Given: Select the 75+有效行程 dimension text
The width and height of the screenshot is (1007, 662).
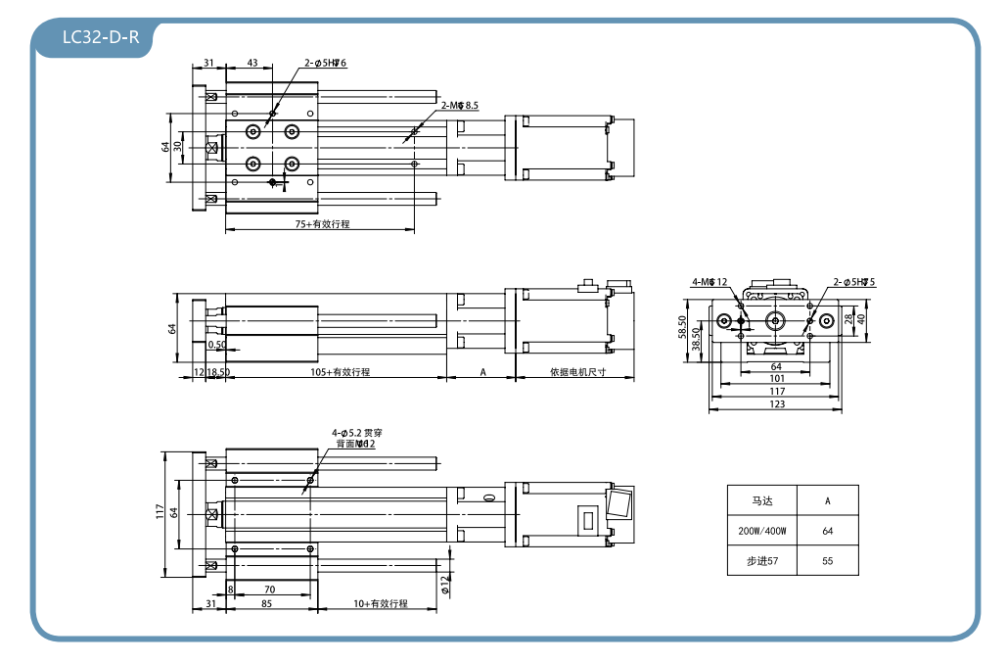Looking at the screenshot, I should click(x=322, y=224).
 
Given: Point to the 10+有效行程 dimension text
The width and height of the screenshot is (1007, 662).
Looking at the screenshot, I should click(x=380, y=604).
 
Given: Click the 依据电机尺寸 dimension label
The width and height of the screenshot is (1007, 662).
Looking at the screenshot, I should click(x=577, y=372).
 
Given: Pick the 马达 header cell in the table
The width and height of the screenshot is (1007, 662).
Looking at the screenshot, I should click(x=762, y=500).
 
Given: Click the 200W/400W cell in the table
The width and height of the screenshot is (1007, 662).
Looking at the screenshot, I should click(x=762, y=531).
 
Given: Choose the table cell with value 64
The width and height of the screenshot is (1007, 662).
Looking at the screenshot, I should click(x=828, y=531).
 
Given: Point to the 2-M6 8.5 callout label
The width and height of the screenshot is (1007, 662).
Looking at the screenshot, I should click(x=459, y=105).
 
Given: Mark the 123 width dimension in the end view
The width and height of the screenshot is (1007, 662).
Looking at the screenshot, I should click(x=776, y=403).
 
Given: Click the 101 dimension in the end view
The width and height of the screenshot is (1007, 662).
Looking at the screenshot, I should click(x=776, y=378).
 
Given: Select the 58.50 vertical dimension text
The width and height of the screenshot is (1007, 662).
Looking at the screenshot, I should click(x=683, y=325).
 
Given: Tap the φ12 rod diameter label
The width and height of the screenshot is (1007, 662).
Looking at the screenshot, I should click(x=445, y=585).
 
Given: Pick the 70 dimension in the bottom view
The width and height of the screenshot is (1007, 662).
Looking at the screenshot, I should click(x=269, y=590).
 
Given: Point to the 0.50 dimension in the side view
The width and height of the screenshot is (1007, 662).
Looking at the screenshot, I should click(x=216, y=345).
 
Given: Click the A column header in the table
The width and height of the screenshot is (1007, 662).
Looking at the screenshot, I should click(x=828, y=500).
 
